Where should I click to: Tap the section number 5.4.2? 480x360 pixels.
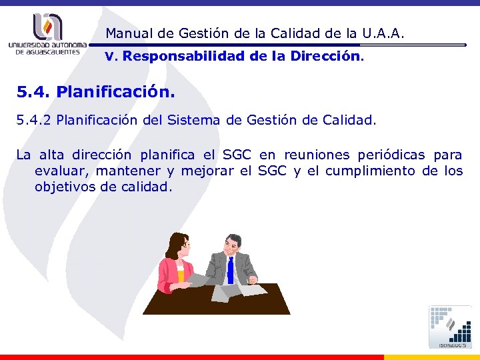[x=34, y=121]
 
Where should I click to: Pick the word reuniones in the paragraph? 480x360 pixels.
[x=317, y=155]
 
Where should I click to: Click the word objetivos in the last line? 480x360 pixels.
[x=64, y=187]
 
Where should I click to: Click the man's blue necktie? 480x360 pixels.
[x=230, y=269]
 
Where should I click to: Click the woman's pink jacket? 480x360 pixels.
[x=171, y=274]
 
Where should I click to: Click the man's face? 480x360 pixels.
[x=233, y=246]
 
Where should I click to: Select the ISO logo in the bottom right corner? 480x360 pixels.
[x=451, y=327]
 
